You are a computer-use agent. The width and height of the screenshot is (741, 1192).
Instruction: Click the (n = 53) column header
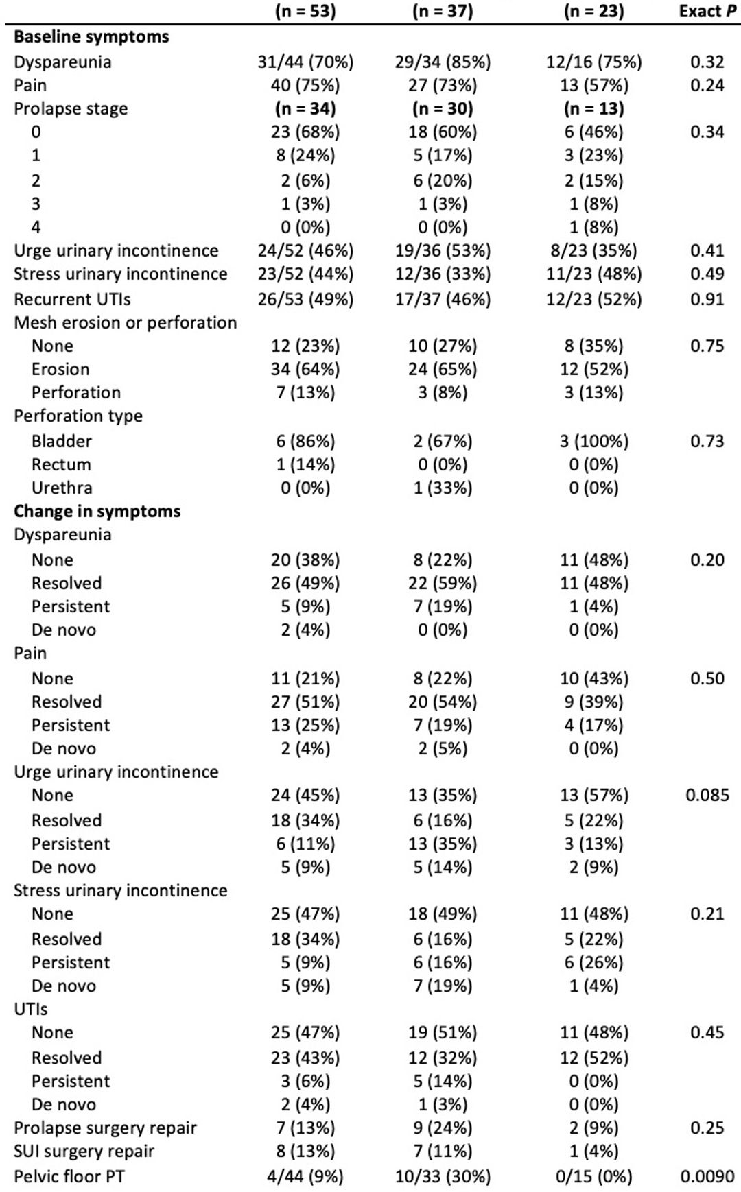pos(305,12)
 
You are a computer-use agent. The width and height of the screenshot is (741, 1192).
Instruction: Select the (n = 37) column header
pos(443,12)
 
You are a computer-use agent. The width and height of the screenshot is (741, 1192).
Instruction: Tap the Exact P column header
pos(708,12)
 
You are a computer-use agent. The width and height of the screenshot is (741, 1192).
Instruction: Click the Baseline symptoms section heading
pos(91,37)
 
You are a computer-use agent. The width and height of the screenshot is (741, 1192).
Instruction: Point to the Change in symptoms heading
pos(97,512)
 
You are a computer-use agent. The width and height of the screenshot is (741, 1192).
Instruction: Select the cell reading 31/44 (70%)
pos(305,62)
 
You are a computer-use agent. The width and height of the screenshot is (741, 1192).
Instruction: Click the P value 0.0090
pos(707,1177)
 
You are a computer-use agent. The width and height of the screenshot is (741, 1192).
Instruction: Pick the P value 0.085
pos(707,796)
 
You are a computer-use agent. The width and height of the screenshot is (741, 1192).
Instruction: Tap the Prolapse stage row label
pos(71,109)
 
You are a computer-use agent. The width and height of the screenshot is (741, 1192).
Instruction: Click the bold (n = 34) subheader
pos(305,109)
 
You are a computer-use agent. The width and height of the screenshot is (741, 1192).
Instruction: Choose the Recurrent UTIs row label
pos(72,300)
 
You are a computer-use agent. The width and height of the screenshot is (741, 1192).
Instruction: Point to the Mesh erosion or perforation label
pos(126,323)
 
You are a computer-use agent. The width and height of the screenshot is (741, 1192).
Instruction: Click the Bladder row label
pos(62,442)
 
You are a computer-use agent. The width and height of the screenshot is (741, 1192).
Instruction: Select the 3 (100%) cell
pos(594,442)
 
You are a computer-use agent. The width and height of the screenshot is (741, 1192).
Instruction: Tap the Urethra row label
pos(62,488)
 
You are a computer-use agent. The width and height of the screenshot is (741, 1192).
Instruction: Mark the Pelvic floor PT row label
pos(69,1177)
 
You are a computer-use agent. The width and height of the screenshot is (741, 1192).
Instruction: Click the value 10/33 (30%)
pos(443,1177)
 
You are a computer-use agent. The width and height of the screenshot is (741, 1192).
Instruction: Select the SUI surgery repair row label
pos(84,1152)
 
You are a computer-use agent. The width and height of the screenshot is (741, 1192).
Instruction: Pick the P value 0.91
pos(707,300)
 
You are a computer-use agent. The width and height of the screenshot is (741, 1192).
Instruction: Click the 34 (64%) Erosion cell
pos(305,370)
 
